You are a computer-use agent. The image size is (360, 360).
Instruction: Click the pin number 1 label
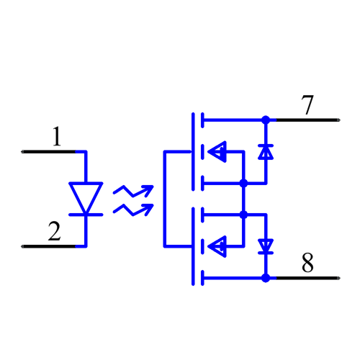tap(57, 137)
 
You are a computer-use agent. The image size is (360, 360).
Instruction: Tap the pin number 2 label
tap(54, 232)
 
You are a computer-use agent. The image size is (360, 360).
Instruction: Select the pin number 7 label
tap(307, 105)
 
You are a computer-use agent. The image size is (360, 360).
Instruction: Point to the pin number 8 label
tap(307, 264)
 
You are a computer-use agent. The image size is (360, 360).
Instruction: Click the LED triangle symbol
tap(86, 196)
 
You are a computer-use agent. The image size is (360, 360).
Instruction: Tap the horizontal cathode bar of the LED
tap(86, 214)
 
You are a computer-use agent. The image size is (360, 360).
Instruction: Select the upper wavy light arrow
tap(132, 191)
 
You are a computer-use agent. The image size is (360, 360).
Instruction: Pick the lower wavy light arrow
tap(132, 210)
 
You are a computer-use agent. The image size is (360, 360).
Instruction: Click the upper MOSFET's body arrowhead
tap(217, 152)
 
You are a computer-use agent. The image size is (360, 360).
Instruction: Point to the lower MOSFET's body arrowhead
tap(217, 246)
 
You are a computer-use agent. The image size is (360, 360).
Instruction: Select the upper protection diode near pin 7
tap(266, 152)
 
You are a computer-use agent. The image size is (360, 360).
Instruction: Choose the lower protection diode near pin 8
tap(266, 246)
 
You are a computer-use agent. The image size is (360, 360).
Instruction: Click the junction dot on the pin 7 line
tap(266, 120)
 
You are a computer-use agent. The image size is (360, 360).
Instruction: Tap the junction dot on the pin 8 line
tap(266, 278)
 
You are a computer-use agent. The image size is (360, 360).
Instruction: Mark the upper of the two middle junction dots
tap(243, 184)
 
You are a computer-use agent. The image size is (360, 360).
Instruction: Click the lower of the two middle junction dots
tap(243, 215)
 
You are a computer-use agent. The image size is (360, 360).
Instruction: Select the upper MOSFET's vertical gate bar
tap(194, 151)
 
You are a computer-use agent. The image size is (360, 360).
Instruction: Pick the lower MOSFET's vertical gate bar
tap(194, 246)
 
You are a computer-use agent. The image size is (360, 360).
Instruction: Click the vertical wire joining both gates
tap(165, 199)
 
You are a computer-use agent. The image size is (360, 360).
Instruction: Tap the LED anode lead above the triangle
tap(86, 166)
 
